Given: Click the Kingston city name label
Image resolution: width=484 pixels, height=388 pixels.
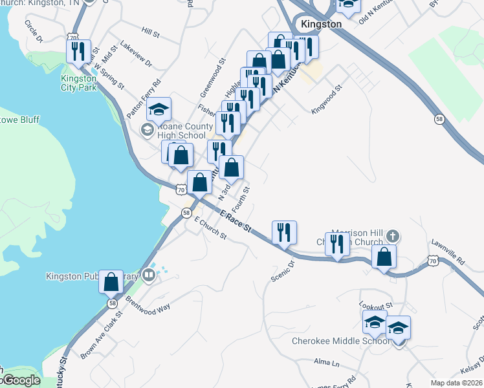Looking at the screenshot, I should coord(321,24).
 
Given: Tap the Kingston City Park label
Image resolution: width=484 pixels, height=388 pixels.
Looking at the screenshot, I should coord(78,83).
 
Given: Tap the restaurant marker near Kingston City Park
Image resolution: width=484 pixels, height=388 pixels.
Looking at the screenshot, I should coord(77,50).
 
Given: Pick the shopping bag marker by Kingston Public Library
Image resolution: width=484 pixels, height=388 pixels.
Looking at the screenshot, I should coord(112,283).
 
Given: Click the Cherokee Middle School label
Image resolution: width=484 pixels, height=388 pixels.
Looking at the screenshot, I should coord(340,341).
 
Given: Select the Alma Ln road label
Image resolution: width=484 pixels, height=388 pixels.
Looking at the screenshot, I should coord(326,363).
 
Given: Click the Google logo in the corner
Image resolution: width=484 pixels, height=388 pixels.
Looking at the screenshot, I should coord(21,380).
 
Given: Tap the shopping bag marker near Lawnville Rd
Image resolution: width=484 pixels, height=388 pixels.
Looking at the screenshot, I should coord(384,256).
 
